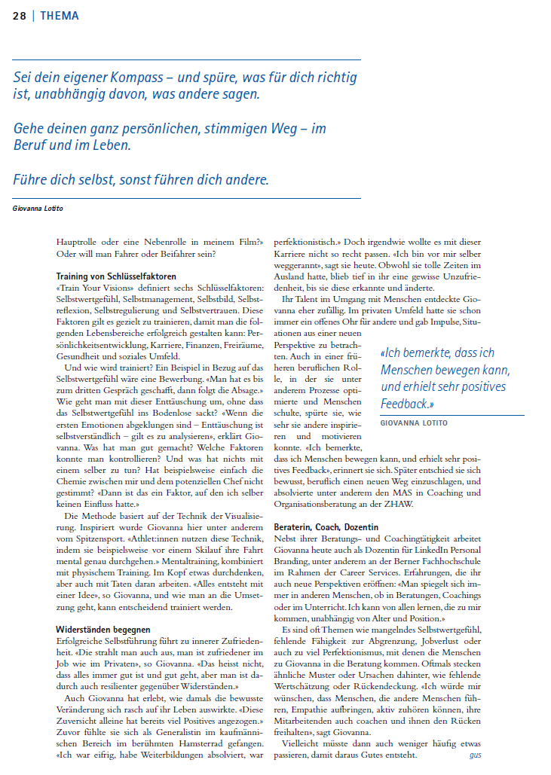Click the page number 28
(x=20, y=16)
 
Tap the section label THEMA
(x=60, y=16)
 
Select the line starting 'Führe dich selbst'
(x=141, y=179)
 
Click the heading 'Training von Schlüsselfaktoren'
(x=116, y=276)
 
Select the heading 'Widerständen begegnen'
(x=103, y=629)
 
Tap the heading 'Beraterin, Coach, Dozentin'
(x=326, y=527)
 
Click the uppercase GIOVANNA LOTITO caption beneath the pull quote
(x=414, y=423)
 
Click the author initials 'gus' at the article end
(x=475, y=754)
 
